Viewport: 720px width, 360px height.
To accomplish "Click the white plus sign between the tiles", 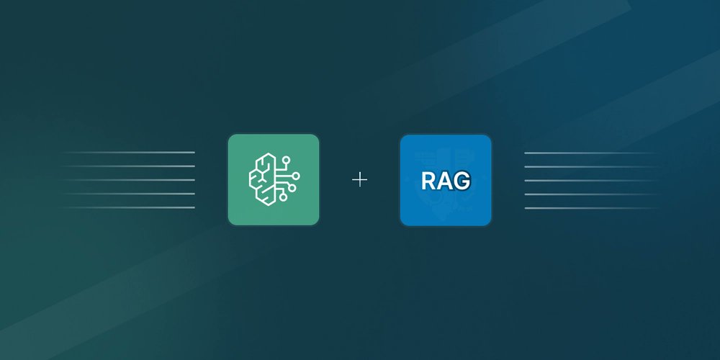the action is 359,179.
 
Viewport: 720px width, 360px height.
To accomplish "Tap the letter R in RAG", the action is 429,180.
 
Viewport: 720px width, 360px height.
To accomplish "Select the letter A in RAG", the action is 445,180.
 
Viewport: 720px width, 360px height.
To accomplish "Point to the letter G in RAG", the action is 462,180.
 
